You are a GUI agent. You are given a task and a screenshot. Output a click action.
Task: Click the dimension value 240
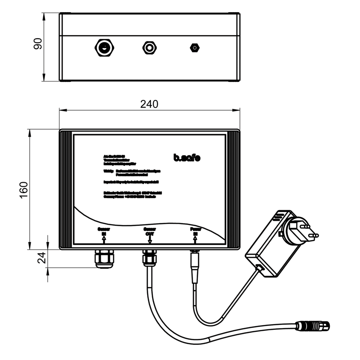pos(149,104)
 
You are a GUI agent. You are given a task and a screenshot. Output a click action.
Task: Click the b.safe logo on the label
pos(187,157)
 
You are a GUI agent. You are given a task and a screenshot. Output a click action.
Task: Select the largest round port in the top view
pos(104,47)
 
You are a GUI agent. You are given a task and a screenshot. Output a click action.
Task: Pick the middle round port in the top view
pos(149,47)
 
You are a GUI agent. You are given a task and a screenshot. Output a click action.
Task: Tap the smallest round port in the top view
pos(194,47)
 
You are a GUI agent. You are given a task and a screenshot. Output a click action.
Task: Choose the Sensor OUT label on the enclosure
pos(149,232)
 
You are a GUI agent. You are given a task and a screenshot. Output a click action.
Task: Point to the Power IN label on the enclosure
pos(195,232)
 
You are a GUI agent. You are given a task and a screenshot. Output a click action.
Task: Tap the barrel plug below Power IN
pos(195,265)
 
